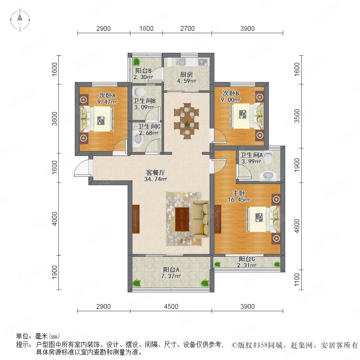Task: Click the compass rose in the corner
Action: [20, 20]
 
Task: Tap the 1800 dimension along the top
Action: [146, 28]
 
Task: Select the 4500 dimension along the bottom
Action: [171, 306]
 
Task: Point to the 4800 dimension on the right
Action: [297, 226]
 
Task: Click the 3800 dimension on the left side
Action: [54, 119]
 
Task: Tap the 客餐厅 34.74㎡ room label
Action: [156, 176]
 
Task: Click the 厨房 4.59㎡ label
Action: [186, 78]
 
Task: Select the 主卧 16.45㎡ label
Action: [239, 196]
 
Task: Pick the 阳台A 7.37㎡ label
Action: [171, 273]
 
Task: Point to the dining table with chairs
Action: [186, 120]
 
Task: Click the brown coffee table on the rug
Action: [182, 219]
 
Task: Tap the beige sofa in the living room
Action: [201, 218]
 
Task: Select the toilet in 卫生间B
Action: [139, 92]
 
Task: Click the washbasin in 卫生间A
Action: [267, 176]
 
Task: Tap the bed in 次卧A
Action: [96, 119]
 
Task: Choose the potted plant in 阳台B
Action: [136, 62]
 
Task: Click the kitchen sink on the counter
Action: [180, 62]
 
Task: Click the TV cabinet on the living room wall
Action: [136, 219]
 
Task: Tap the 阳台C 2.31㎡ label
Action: [247, 262]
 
